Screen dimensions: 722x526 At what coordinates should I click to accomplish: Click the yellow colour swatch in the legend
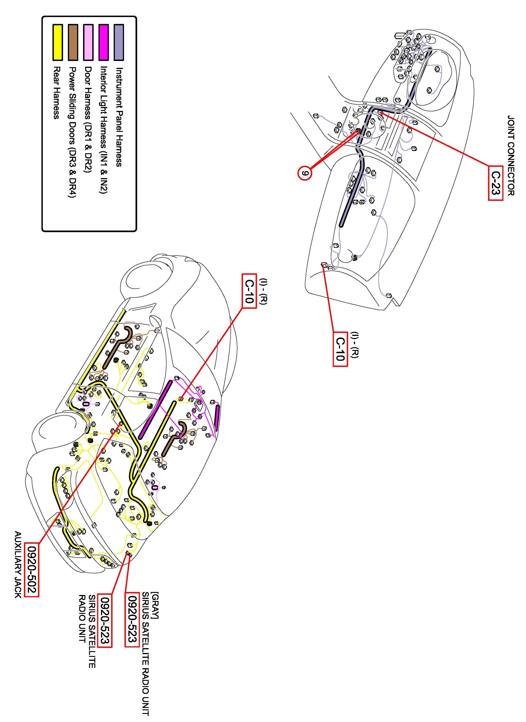(57, 42)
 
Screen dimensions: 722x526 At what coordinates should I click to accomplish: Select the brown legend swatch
(73, 42)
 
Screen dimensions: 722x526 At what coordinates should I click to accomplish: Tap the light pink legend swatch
(88, 42)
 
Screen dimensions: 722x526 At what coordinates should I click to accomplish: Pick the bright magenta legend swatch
(104, 42)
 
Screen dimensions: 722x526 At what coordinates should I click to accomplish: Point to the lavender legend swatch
(119, 42)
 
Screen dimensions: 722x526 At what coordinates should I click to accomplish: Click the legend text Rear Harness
(57, 92)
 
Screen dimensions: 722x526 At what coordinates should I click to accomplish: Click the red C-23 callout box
(495, 183)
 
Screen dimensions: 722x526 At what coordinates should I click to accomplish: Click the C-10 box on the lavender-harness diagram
(340, 349)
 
